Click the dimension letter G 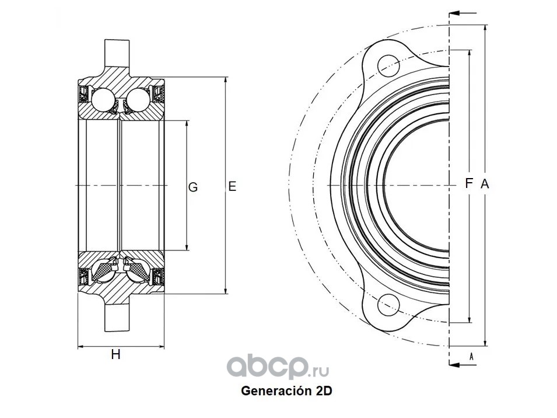click(x=193, y=187)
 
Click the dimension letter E click(x=232, y=186)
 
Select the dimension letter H click(x=115, y=354)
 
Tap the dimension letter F click(x=469, y=183)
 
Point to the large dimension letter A click(x=485, y=184)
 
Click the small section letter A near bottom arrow click(x=471, y=356)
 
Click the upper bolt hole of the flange click(x=388, y=66)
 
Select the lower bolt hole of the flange click(x=388, y=305)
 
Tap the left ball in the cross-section click(x=103, y=99)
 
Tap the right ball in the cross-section click(x=138, y=99)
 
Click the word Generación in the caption click(x=276, y=391)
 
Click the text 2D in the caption click(x=324, y=391)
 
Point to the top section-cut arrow click(x=463, y=13)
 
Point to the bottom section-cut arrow click(x=463, y=365)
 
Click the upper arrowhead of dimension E click(x=226, y=81)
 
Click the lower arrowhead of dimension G click(x=187, y=246)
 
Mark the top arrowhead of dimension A click(x=485, y=29)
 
